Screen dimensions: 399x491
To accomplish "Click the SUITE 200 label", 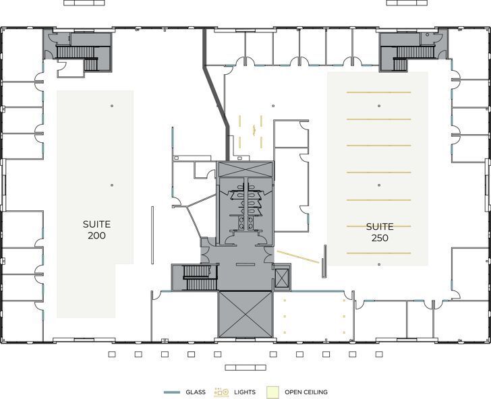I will (x=96, y=230).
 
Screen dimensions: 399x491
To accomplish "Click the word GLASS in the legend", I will (x=195, y=392).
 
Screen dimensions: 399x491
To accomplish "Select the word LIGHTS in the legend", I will (x=244, y=392).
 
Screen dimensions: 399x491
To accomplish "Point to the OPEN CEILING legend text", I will (x=306, y=392).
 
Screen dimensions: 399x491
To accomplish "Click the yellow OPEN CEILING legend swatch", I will (x=272, y=392).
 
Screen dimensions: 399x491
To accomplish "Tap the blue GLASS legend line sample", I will (x=172, y=392).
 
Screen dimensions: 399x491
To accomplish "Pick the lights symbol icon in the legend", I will (x=221, y=392).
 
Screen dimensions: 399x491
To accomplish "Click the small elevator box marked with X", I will (x=281, y=277).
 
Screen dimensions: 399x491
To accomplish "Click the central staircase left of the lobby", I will (x=200, y=277).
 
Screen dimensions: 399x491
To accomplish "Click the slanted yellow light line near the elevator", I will (x=298, y=257).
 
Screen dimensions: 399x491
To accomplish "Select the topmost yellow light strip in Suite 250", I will (x=378, y=92).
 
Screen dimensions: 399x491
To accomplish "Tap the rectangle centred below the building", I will (x=246, y=368).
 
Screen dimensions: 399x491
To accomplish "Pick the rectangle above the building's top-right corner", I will (x=407, y=3).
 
